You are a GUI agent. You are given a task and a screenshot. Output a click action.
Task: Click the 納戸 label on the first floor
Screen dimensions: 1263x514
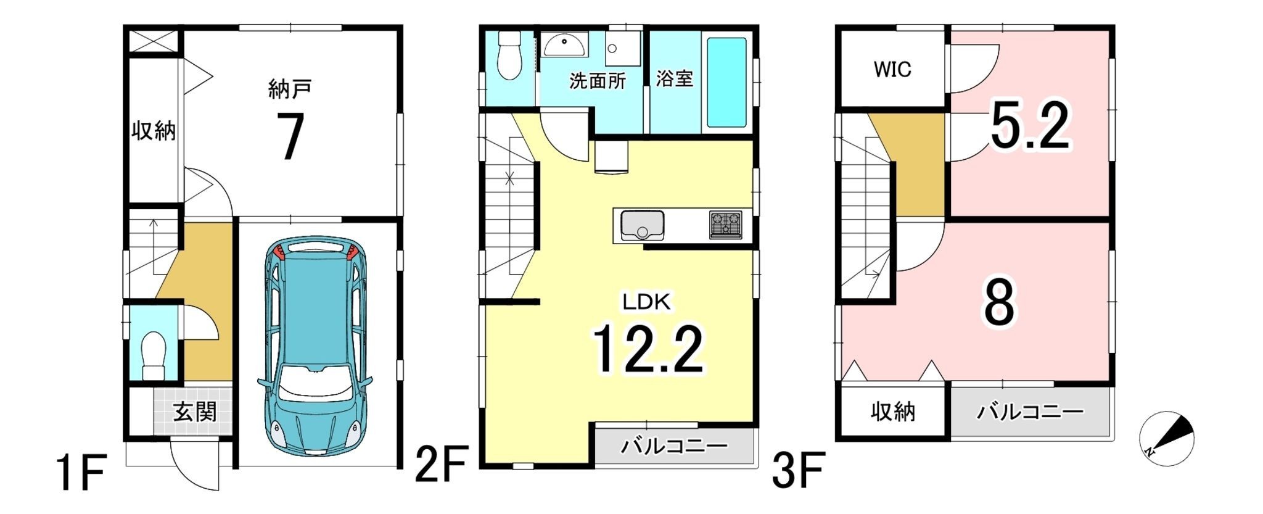tap(289, 90)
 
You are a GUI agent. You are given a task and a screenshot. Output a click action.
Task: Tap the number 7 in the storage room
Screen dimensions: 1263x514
tap(289, 136)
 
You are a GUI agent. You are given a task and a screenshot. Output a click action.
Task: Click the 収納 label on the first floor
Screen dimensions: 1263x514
tap(154, 131)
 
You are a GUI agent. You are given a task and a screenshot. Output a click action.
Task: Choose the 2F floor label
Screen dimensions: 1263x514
tap(442, 463)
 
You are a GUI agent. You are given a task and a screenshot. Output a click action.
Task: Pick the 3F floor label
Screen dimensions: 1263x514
tap(799, 470)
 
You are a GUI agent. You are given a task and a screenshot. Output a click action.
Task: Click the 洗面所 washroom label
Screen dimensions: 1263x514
tap(597, 81)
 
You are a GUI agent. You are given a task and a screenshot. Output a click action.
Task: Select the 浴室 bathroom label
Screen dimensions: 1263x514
tap(674, 78)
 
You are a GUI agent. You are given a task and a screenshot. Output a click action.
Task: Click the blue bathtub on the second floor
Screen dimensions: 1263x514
tap(726, 83)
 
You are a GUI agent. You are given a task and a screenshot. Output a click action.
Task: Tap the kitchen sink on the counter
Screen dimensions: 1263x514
tap(642, 225)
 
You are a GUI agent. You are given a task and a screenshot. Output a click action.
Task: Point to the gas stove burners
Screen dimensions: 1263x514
tap(726, 225)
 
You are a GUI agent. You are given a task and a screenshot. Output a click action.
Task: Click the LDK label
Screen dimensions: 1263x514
tap(646, 302)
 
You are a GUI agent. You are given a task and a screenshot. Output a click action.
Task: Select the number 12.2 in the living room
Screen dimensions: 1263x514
tap(648, 350)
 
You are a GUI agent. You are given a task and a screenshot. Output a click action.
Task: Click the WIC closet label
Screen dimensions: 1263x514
tap(892, 69)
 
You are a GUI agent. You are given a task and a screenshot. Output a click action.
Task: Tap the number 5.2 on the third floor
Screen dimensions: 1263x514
tap(1030, 126)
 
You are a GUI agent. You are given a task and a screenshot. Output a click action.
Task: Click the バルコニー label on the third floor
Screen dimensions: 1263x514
tap(1030, 412)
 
